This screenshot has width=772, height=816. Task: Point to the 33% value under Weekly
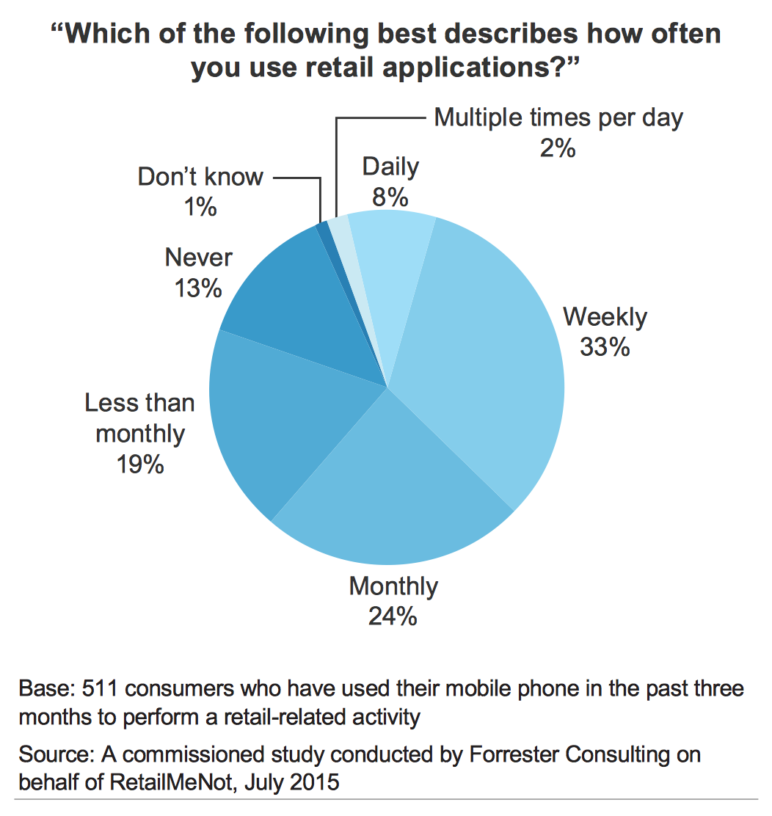pyautogui.click(x=605, y=346)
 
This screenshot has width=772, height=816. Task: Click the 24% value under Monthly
pyautogui.click(x=393, y=616)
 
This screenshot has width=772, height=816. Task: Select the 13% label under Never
pyautogui.click(x=198, y=288)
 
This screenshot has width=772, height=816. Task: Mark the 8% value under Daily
pyautogui.click(x=390, y=197)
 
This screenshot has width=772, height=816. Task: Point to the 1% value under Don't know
pyautogui.click(x=200, y=207)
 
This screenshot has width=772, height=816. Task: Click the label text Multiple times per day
pyautogui.click(x=558, y=117)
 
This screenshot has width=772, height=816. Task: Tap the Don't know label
pyautogui.click(x=200, y=177)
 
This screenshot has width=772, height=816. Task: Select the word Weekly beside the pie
pyautogui.click(x=605, y=317)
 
